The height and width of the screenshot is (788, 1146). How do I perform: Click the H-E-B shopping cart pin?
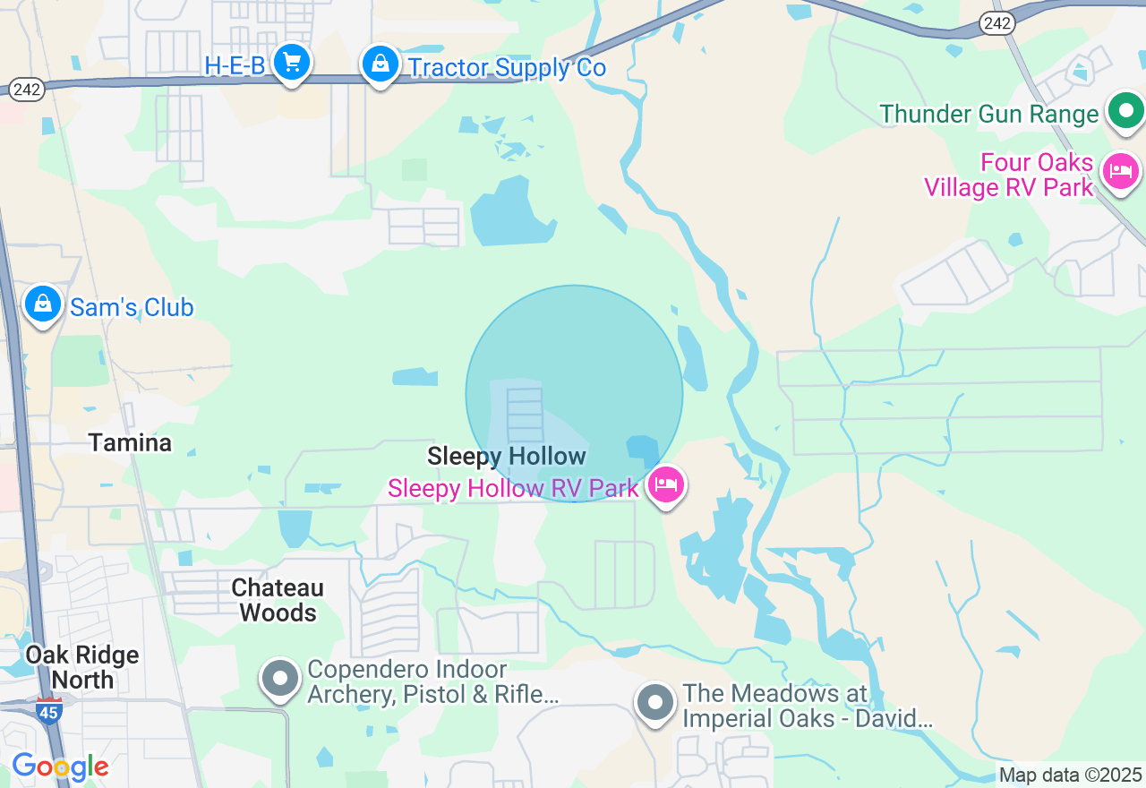[291, 63]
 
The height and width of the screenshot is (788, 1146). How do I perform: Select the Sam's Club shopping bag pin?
[42, 304]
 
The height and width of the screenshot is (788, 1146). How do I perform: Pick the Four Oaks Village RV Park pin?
[1120, 171]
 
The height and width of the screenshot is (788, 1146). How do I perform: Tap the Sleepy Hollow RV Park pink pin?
[665, 484]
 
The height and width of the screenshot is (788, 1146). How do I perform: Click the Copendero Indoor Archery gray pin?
[280, 679]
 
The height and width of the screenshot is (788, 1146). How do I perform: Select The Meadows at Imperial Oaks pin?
[655, 703]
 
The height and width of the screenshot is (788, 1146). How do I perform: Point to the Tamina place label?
[130, 442]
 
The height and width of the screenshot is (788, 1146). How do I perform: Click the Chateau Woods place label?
[278, 600]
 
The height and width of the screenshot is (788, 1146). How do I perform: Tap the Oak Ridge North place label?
[82, 667]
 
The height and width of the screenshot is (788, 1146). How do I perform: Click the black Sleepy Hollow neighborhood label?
[507, 456]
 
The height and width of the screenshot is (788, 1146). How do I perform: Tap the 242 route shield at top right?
[996, 24]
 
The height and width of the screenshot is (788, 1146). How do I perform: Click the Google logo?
[60, 767]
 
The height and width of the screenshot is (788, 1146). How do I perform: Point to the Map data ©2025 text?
[1070, 775]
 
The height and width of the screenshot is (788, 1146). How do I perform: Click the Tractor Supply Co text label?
[507, 68]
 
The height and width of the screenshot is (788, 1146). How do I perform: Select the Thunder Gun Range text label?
[988, 114]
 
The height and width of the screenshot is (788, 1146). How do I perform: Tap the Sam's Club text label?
[132, 307]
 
